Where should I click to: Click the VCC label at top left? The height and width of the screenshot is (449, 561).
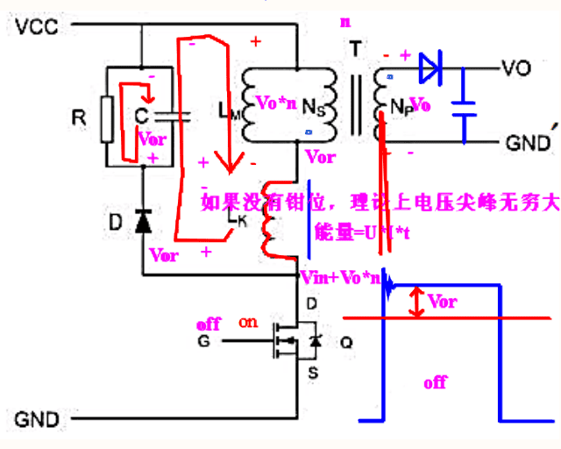pos(36,26)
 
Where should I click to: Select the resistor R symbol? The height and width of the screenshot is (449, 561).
pos(107,118)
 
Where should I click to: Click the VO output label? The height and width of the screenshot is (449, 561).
pos(514,68)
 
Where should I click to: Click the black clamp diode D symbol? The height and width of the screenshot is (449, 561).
pos(142,223)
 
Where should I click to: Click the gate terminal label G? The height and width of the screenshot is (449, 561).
pos(203,340)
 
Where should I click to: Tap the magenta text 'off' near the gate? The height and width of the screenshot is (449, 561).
pos(209,324)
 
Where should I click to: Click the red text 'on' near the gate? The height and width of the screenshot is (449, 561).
pos(249,322)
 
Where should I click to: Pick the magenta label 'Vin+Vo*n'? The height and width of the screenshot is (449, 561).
pos(340,278)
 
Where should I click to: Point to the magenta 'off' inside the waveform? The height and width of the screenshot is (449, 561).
pos(436,382)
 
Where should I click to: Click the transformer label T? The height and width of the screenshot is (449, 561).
pos(354,50)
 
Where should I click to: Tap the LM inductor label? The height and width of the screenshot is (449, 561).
pos(224,110)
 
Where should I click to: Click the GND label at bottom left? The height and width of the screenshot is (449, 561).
pos(36,418)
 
